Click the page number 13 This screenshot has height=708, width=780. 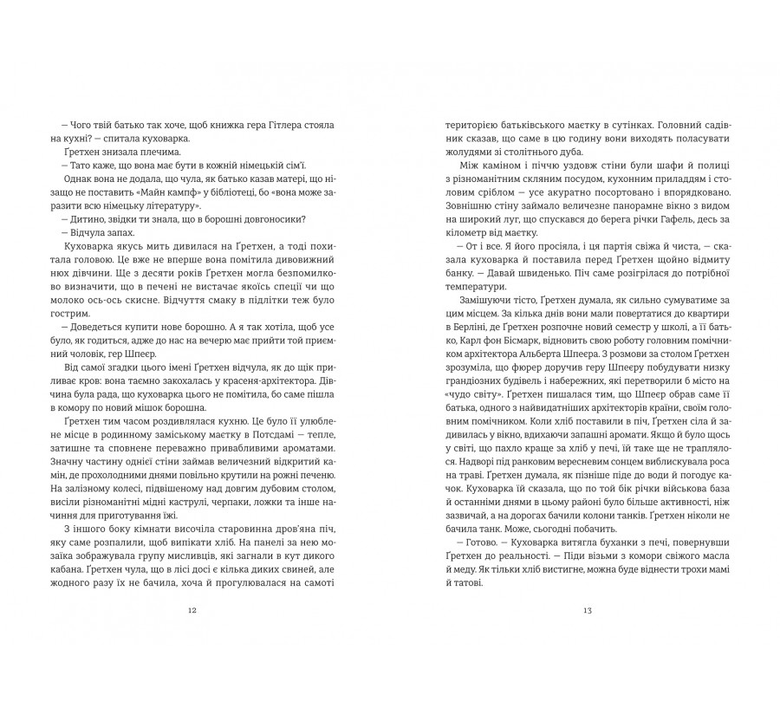pos(587,610)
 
